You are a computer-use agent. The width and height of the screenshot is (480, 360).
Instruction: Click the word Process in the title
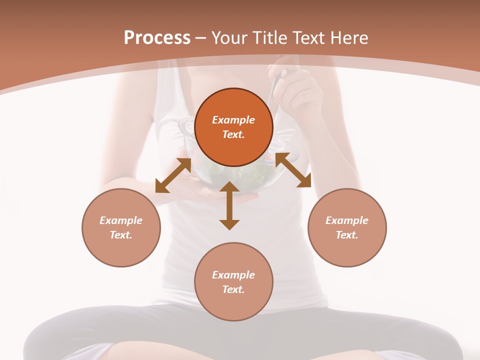(157, 38)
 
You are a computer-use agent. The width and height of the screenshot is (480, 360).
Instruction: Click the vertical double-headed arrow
(229, 205)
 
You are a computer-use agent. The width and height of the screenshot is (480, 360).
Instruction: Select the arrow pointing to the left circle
(173, 175)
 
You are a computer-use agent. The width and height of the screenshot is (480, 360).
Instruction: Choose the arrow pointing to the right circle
(293, 170)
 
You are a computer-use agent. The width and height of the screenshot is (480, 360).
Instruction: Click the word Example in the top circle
(233, 120)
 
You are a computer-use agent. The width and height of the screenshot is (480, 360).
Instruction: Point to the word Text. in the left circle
(121, 235)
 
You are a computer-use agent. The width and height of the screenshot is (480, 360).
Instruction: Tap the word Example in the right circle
(347, 220)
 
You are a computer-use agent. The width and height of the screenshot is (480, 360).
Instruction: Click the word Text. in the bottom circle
(233, 289)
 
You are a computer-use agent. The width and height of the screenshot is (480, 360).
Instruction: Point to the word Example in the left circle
(121, 220)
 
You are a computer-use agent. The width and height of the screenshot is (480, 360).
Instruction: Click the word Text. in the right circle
(347, 235)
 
